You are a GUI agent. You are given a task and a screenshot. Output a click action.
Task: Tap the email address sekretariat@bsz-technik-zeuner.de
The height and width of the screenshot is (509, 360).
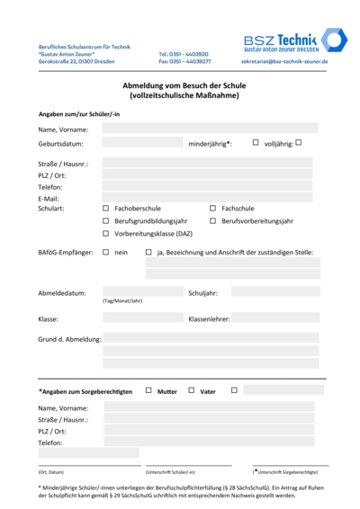click(x=284, y=62)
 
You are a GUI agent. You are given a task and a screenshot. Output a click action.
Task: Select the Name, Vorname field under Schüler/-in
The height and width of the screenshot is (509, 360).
click(x=210, y=129)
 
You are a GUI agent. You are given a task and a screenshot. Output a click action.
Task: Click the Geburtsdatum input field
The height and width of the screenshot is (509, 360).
click(x=142, y=143)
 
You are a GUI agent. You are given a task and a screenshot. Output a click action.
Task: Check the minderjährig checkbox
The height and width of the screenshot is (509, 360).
click(x=256, y=142)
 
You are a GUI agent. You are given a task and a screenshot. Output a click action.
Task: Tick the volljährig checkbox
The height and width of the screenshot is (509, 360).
click(x=299, y=142)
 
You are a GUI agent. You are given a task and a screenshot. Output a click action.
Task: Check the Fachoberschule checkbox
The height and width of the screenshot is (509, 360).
click(x=105, y=208)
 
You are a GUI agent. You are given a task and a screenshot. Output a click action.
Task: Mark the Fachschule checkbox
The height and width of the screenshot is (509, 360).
click(x=212, y=208)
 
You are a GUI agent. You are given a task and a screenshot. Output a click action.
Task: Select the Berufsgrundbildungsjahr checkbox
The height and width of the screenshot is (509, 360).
click(x=105, y=220)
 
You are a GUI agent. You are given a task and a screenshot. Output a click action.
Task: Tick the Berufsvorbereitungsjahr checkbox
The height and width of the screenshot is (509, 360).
click(x=212, y=220)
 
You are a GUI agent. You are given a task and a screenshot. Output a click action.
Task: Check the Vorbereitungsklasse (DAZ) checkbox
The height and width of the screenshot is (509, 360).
click(x=105, y=233)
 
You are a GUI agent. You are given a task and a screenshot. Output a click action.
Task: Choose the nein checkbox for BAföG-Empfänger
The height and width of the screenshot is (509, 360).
click(x=105, y=252)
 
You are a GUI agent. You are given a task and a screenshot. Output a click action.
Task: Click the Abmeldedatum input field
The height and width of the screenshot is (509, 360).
click(x=142, y=292)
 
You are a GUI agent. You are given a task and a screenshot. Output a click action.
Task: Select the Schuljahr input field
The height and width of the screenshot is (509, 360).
click(x=274, y=292)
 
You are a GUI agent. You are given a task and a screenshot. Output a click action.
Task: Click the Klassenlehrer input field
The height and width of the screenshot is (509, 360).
click(x=274, y=318)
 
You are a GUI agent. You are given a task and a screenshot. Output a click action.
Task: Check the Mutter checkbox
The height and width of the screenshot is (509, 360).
click(x=148, y=390)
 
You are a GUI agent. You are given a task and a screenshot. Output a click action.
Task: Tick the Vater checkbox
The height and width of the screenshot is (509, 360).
click(x=191, y=390)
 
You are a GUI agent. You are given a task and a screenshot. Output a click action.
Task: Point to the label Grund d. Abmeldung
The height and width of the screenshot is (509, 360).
click(x=69, y=339)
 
